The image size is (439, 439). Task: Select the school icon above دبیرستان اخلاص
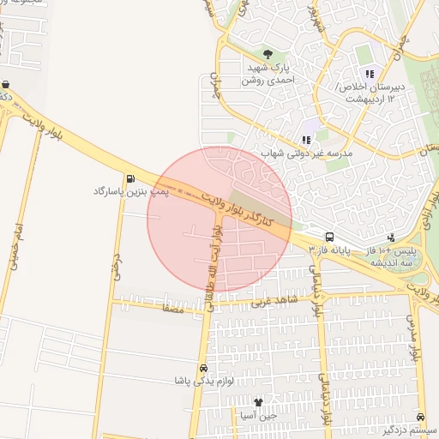(370, 74)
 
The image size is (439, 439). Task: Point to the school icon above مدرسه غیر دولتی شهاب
(306, 140)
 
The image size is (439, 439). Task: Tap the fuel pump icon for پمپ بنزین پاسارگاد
(130, 179)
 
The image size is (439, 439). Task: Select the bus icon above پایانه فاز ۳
(329, 237)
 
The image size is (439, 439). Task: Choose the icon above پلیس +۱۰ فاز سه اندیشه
(392, 237)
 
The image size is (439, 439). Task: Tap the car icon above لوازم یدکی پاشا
(203, 367)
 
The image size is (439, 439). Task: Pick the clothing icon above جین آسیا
(259, 401)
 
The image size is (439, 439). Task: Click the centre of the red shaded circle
(219, 219)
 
